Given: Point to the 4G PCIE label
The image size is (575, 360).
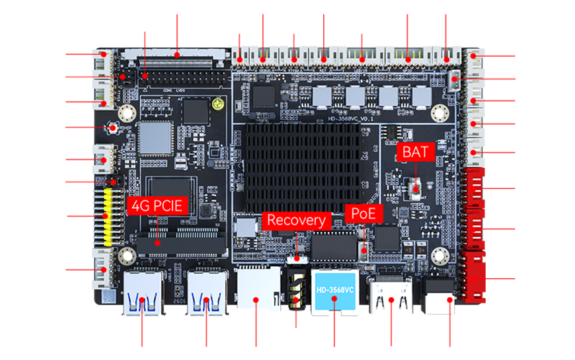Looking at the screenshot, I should pos(157,205).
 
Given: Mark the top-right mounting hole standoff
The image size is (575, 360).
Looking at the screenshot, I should pos(438,113).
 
